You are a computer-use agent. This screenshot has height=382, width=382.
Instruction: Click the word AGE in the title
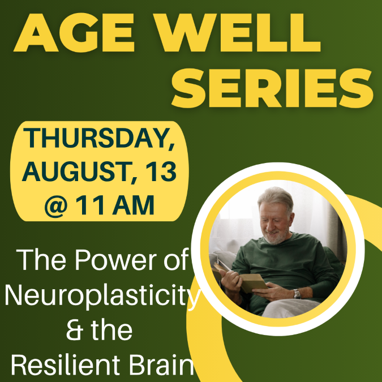click(x=74, y=32)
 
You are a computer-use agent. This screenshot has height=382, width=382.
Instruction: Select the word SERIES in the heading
click(x=272, y=88)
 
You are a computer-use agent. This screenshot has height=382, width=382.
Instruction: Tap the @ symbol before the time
click(x=56, y=206)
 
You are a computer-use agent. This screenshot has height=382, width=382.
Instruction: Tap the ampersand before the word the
click(x=75, y=330)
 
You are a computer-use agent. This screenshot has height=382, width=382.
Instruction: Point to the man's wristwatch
click(x=297, y=294)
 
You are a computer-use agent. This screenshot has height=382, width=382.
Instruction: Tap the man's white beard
click(x=275, y=237)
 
